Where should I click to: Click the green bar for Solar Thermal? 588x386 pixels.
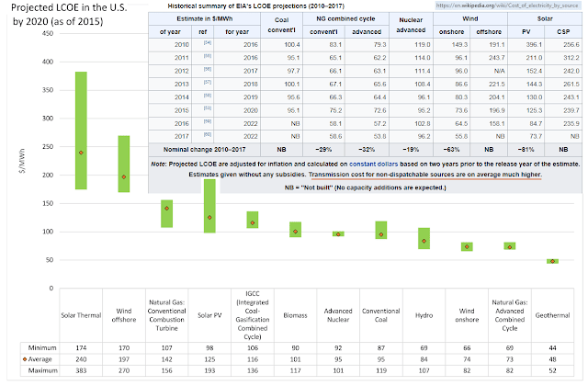[81, 130]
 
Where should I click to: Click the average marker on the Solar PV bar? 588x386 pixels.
[209, 218]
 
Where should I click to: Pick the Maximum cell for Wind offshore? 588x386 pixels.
[123, 369]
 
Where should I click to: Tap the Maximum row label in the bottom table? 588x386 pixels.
[30, 369]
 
